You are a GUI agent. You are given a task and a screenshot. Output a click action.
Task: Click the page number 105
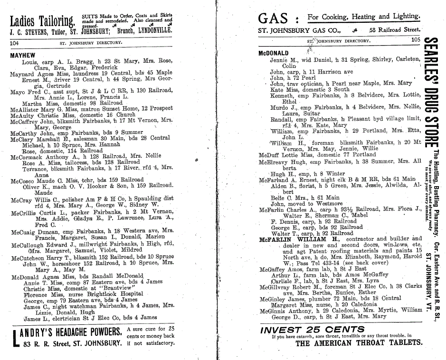tap(416, 40)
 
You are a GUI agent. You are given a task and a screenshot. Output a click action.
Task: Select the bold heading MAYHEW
tap(22, 56)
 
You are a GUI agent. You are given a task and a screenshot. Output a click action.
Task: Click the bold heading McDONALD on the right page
tap(273, 53)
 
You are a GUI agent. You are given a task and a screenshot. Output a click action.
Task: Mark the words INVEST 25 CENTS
tap(313, 329)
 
